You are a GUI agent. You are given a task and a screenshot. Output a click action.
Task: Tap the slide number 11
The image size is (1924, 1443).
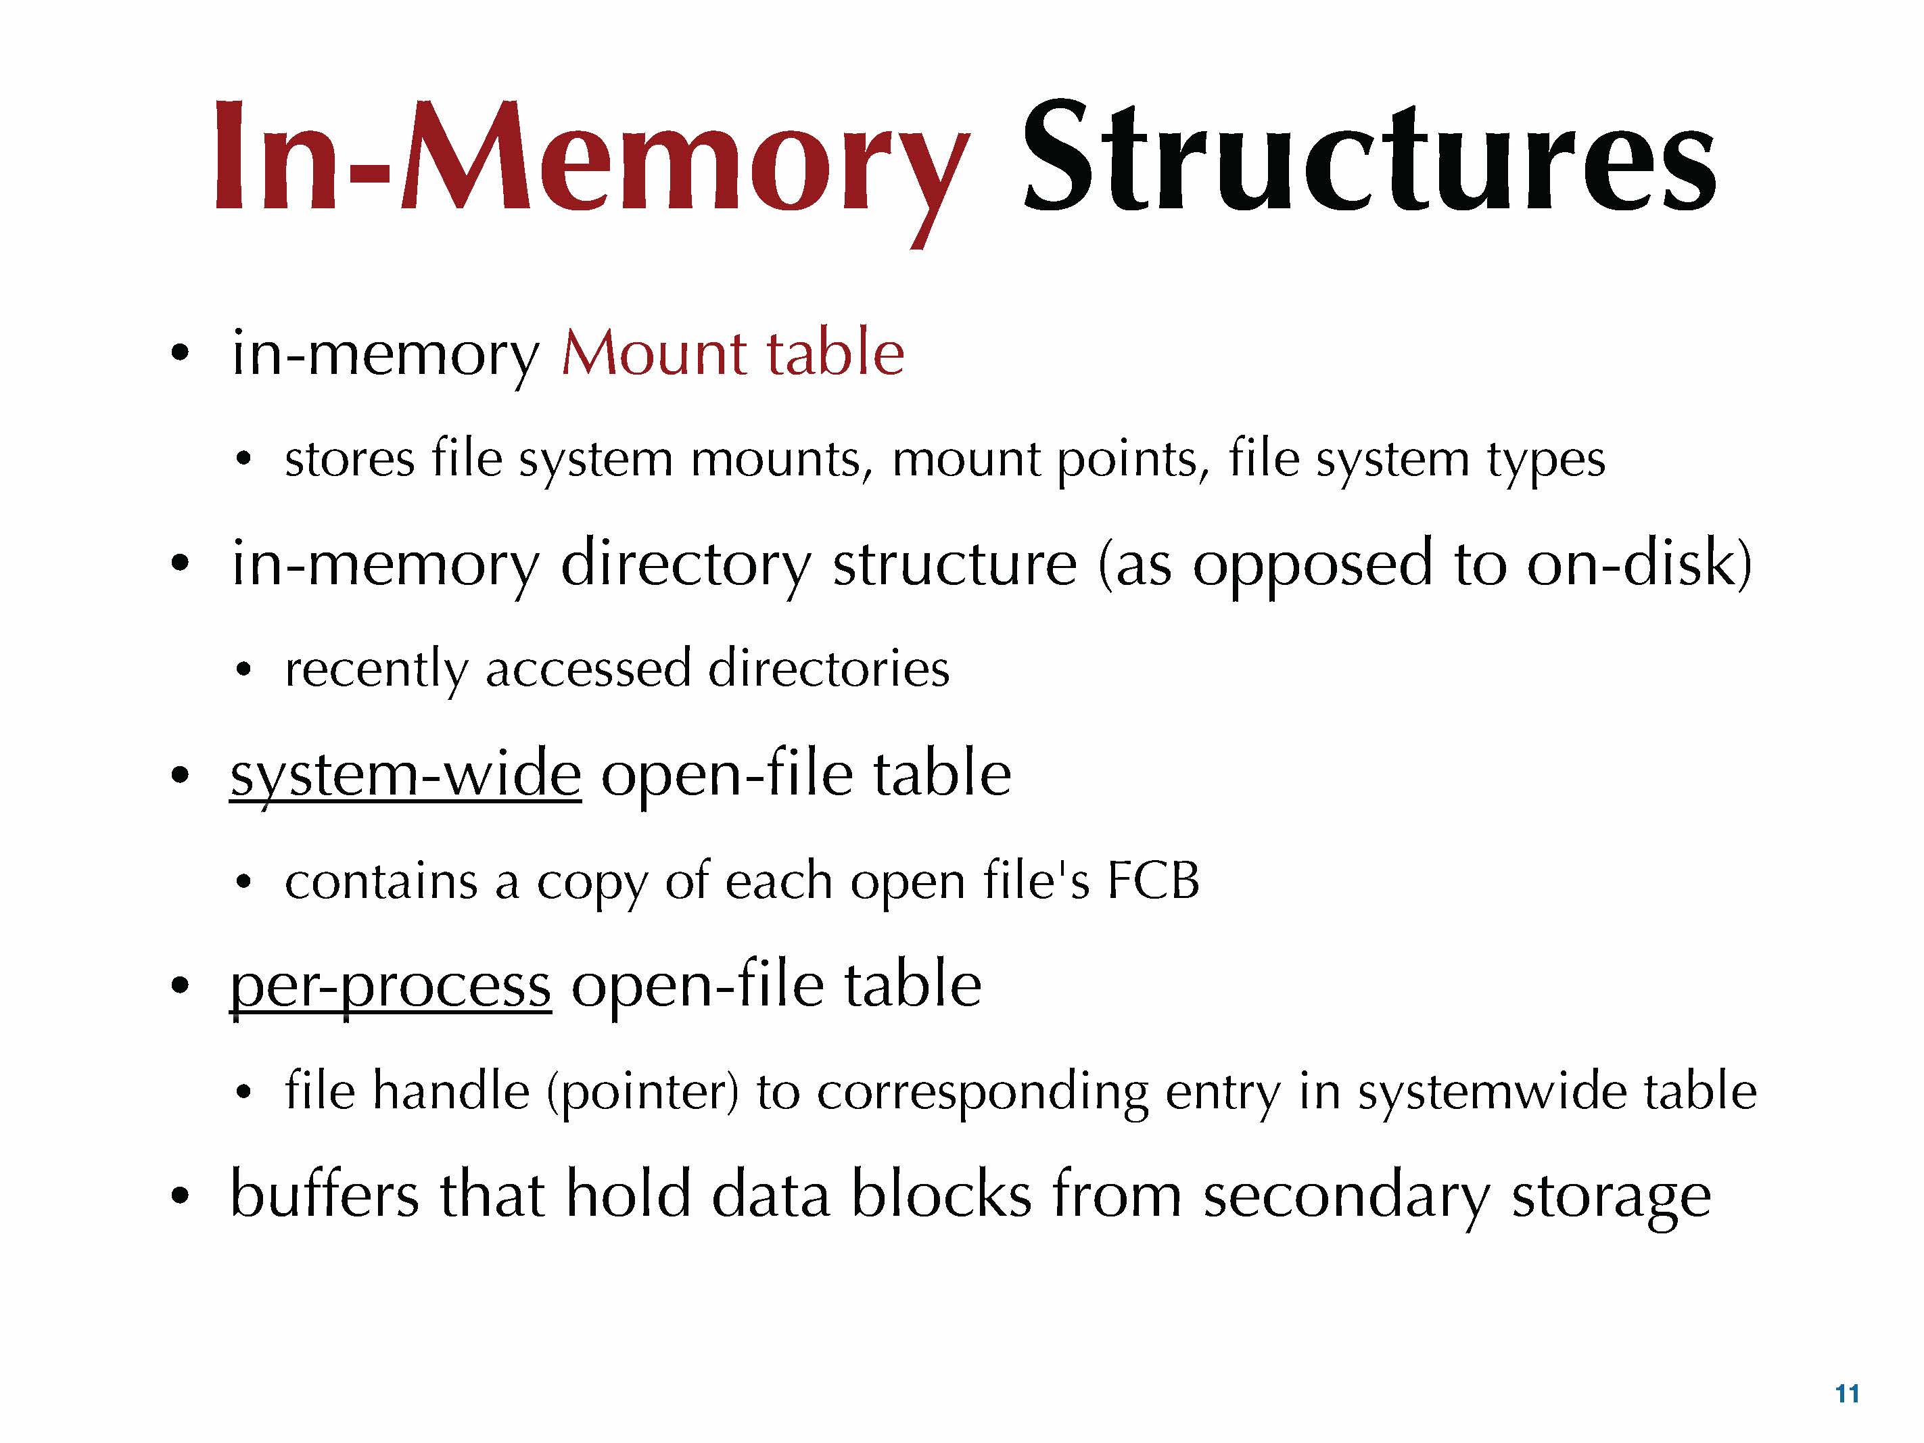click(x=1847, y=1394)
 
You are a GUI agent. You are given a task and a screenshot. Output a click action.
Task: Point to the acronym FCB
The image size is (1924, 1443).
click(x=1153, y=880)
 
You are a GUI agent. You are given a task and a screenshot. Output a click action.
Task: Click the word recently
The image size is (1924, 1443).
click(x=376, y=669)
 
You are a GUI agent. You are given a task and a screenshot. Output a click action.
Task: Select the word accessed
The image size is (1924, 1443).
click(x=588, y=669)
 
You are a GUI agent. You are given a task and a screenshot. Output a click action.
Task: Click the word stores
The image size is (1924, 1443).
click(x=350, y=459)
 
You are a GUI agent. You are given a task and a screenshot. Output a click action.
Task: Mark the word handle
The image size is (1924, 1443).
click(x=450, y=1091)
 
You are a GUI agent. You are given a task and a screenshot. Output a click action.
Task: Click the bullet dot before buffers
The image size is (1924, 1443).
click(x=180, y=1196)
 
